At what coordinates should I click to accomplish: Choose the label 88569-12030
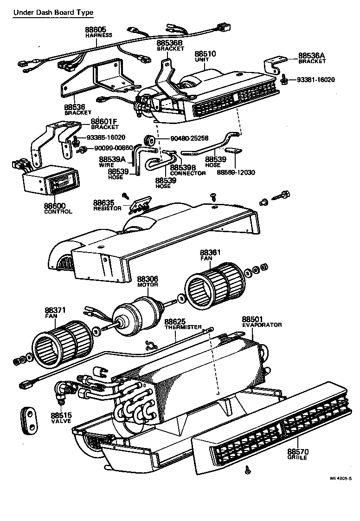236,173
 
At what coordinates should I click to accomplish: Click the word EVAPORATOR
262,325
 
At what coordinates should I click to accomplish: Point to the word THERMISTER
183,327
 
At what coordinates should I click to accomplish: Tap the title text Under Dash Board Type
53,13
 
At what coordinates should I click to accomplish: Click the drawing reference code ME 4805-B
341,478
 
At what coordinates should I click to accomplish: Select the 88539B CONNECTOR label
184,168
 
